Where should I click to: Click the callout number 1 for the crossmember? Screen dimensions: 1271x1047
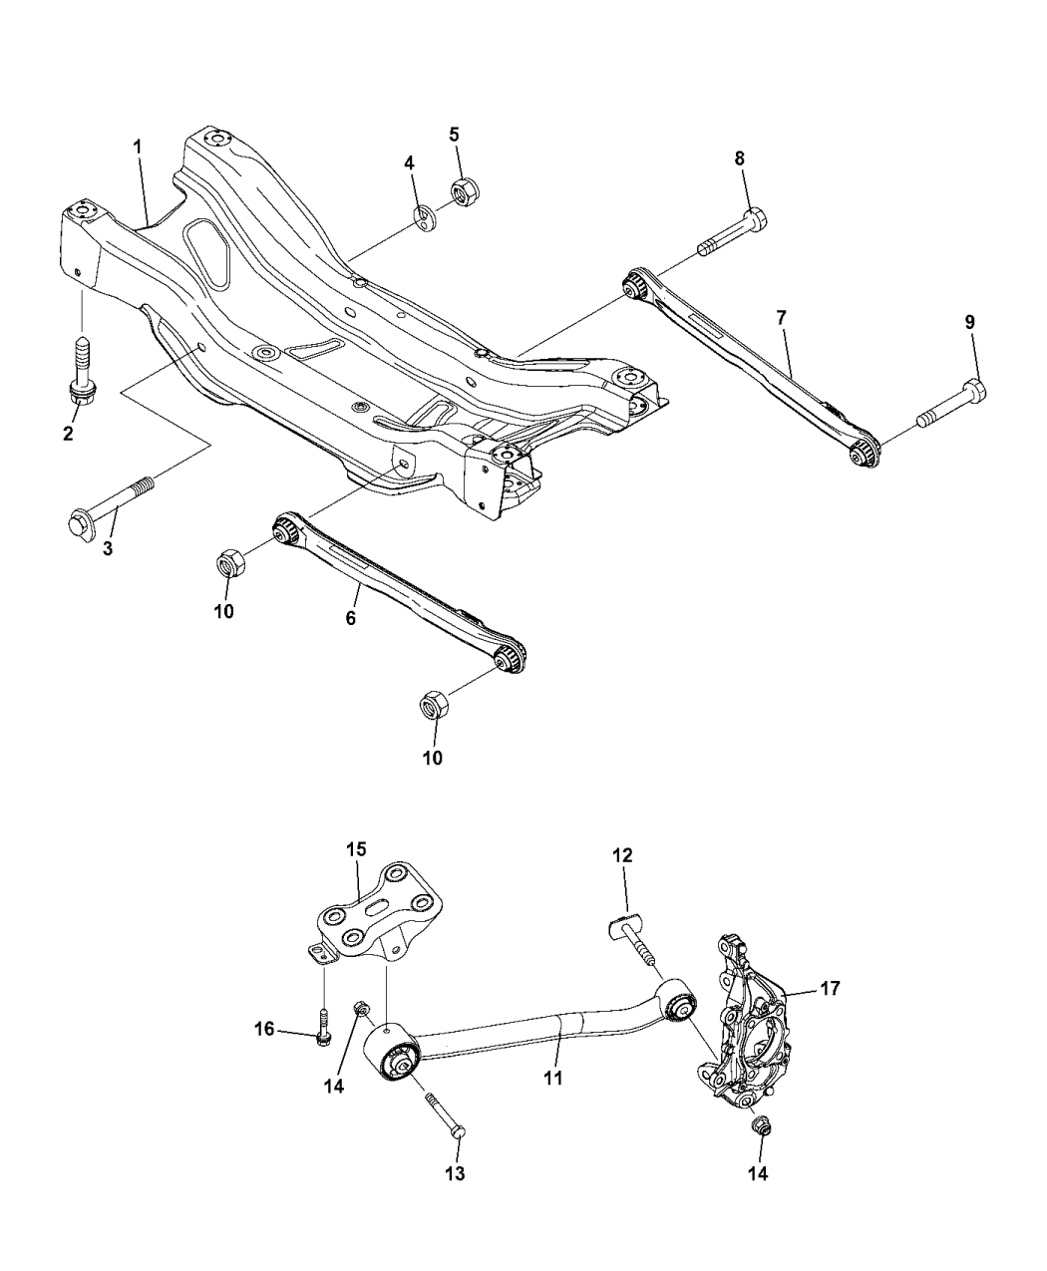138,147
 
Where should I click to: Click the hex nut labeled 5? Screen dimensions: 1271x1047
462,189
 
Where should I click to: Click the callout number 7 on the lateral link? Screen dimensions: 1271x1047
782,317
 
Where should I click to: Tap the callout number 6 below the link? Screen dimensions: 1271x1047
350,618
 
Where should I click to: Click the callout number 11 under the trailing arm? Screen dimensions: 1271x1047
552,1078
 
